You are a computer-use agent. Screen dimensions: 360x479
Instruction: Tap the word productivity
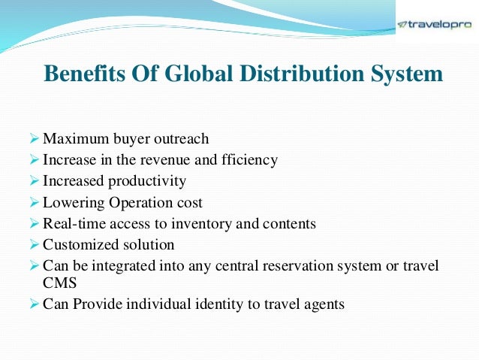(145, 181)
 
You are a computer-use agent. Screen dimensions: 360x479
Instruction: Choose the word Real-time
(73, 223)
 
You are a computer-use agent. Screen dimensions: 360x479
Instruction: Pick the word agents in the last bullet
(321, 305)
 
